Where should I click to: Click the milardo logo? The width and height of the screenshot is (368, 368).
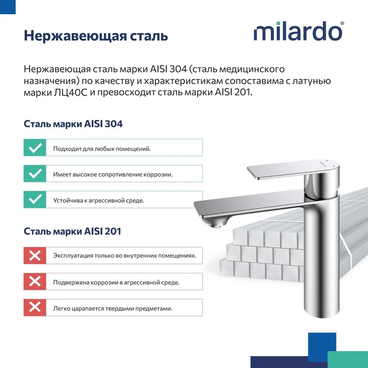point(298,31)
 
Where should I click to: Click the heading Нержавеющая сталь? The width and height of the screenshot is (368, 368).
point(96,36)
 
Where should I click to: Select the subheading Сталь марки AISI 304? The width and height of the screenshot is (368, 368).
point(73,124)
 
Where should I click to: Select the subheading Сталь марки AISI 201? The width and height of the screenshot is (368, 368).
point(73,231)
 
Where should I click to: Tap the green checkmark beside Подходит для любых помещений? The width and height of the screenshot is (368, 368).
point(35,148)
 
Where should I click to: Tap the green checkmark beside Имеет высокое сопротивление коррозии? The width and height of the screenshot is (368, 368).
point(35,173)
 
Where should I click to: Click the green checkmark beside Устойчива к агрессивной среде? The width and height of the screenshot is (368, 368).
point(35,199)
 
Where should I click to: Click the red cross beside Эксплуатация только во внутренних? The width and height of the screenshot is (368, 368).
point(35,255)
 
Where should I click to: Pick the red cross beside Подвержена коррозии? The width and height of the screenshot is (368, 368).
point(35,281)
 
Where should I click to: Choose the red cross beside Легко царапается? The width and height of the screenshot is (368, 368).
point(35,308)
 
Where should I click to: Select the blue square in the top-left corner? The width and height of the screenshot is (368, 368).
point(8,7)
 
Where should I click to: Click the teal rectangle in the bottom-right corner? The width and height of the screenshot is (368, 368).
point(347,360)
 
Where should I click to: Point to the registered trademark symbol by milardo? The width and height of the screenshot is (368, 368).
point(342,24)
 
